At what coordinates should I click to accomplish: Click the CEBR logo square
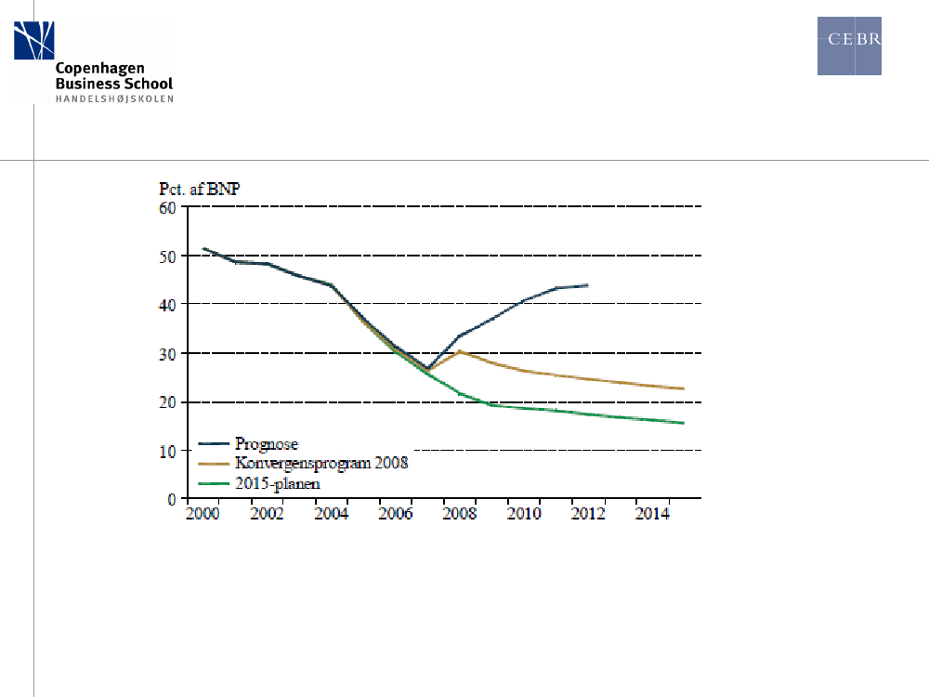[849, 46]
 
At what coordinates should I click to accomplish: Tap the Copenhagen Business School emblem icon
[34, 41]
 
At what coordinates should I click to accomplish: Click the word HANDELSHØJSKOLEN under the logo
[114, 98]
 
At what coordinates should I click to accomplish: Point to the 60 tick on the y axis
[167, 207]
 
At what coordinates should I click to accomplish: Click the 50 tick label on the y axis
[167, 256]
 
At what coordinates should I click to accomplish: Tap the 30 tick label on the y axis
[167, 353]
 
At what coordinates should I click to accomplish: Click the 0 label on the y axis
[172, 499]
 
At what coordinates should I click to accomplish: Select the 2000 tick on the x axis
[203, 513]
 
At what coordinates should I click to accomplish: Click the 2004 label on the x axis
[331, 513]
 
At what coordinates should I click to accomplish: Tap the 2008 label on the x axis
[458, 513]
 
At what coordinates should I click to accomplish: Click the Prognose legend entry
[267, 444]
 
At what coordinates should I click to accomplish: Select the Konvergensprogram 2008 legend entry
[321, 463]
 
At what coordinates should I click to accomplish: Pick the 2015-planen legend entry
[277, 482]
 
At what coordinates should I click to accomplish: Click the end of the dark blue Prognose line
[587, 285]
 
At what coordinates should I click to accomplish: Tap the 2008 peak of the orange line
[459, 351]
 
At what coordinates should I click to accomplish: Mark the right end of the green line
[684, 423]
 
